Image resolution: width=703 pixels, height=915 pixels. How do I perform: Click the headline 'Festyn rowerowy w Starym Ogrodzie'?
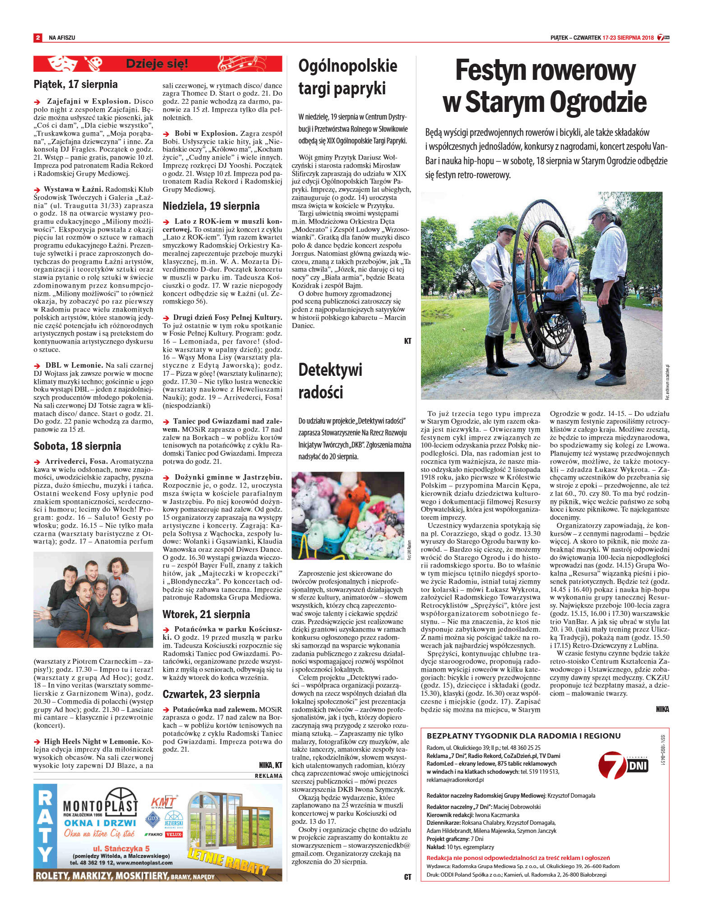pyautogui.click(x=545, y=87)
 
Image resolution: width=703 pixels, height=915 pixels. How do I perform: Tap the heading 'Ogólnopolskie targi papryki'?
pyautogui.click(x=347, y=77)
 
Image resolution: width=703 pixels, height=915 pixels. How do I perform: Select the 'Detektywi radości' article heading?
pyautogui.click(x=330, y=381)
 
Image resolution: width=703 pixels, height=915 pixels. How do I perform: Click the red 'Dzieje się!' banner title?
pyautogui.click(x=157, y=64)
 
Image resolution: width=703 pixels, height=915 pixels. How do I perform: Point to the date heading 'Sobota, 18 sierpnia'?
pyautogui.click(x=77, y=446)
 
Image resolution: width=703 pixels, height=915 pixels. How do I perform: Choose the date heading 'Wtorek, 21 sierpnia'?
pyautogui.click(x=206, y=614)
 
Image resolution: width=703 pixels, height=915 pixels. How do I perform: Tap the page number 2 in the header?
pyautogui.click(x=38, y=38)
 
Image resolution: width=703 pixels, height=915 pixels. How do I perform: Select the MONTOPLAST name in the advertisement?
pyautogui.click(x=100, y=805)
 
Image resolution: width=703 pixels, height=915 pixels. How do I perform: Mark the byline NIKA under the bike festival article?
pyautogui.click(x=662, y=709)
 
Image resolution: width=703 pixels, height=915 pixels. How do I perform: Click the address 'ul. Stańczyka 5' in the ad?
pyautogui.click(x=121, y=848)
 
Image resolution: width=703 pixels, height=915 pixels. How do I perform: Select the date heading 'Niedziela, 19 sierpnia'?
pyautogui.click(x=211, y=206)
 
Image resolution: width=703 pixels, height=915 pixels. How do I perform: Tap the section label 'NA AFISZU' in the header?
pyautogui.click(x=62, y=38)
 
